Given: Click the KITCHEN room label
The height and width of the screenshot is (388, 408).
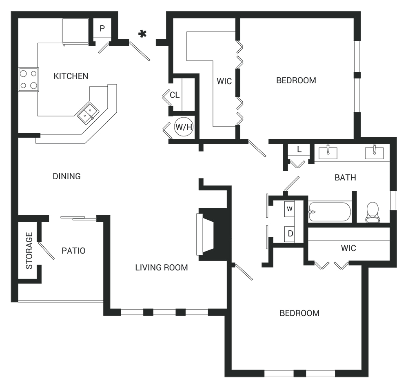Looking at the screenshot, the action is pos(71,76).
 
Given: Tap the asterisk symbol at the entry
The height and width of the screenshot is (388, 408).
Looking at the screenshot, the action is pos(142,34).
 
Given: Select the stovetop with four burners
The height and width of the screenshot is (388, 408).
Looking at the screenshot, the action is pos(29,79).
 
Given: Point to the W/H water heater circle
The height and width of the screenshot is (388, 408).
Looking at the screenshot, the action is pos(184,127).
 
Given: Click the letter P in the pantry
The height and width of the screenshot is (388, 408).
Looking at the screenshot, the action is pos(102,28).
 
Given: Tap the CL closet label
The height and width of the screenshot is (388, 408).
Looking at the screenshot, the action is pos(175,95).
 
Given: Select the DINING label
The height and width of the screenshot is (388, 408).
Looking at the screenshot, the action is pos(67,176).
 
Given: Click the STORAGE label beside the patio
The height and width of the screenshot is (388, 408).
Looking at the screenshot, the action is pos(29,250).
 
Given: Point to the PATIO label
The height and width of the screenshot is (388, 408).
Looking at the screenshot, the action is pos(73,251).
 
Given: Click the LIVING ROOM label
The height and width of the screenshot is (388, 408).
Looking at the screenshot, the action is pos(161,268).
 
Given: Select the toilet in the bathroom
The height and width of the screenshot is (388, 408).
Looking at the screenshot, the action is pos(373,212).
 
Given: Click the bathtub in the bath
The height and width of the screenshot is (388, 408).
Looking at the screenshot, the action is pos(329,212).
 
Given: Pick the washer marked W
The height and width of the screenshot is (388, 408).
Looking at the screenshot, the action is pos(289,209).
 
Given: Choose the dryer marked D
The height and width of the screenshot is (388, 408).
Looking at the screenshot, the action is pos(290,234).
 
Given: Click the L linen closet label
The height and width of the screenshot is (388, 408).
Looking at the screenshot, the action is pos(299,149).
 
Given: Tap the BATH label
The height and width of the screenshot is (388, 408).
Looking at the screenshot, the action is pos(345,178).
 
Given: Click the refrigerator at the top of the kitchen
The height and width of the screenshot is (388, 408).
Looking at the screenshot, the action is pos(75,31).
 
